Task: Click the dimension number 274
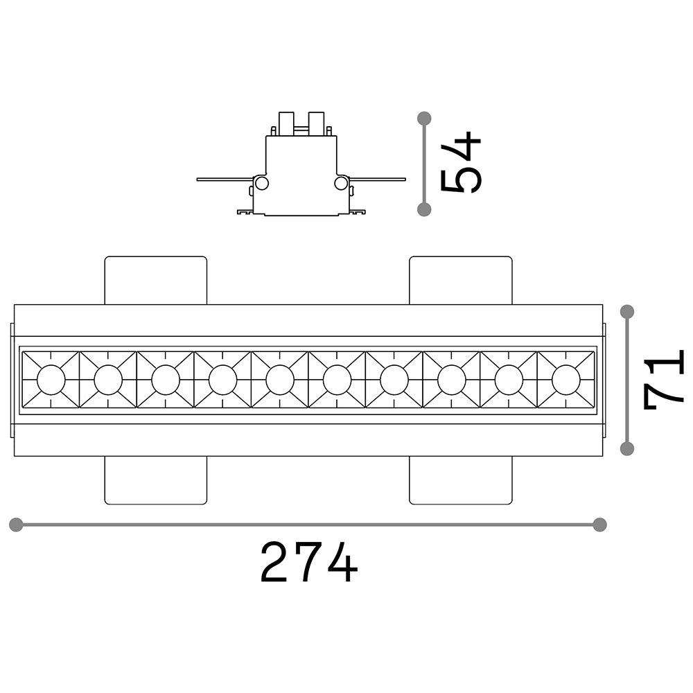309,562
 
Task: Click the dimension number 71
664,380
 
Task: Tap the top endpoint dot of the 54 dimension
425,118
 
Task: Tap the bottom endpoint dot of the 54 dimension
425,209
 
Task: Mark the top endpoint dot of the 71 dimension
627,311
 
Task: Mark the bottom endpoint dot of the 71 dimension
627,448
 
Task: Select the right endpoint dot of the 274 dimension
600,524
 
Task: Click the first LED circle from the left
51,380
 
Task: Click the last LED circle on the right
566,380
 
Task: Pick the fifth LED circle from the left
280,380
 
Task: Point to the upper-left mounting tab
156,280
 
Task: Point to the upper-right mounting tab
461,280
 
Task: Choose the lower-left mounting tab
156,480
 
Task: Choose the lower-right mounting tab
461,480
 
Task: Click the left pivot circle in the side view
262,183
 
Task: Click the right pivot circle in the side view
341,183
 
